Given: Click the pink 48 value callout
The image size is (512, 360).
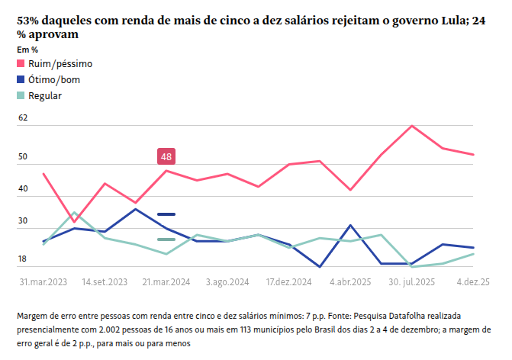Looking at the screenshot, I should [166, 156].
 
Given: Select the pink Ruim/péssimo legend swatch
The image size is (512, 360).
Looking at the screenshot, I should [21, 63].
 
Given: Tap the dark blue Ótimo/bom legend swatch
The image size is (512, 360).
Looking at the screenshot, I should [21, 79].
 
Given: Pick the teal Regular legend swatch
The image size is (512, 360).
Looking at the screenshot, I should [21, 95].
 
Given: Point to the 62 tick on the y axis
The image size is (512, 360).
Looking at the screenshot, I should [23, 118].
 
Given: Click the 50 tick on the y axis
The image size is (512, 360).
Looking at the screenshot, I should [23, 157].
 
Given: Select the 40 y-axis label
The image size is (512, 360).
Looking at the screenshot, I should [23, 189].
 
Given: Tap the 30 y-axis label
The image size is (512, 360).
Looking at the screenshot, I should [23, 221].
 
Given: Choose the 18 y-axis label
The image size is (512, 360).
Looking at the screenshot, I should [23, 260].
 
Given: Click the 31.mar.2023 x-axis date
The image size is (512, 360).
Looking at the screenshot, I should [43, 281].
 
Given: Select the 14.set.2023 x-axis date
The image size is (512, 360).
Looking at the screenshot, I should [105, 281].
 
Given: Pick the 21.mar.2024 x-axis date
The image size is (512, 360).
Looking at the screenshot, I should [166, 281].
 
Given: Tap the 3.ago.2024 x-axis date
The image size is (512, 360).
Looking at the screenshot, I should [227, 281].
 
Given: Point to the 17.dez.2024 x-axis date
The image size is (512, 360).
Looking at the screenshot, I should [288, 281].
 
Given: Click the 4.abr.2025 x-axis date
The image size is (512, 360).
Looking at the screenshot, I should [350, 281].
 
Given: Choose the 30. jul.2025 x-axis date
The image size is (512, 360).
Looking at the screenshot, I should [412, 281].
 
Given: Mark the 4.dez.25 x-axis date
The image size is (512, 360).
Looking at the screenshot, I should [473, 281].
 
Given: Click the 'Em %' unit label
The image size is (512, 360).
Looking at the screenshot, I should [27, 50].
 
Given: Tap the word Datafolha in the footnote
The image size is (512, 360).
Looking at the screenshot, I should [412, 315].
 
